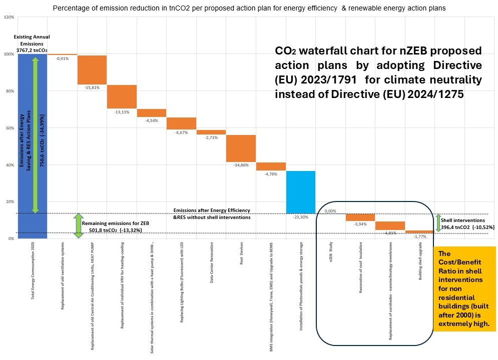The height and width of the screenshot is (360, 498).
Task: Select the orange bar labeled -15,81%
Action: click(92, 69)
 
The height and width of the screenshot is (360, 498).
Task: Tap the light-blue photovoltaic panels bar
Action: click(300, 192)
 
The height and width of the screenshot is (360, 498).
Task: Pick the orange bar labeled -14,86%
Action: click(241, 148)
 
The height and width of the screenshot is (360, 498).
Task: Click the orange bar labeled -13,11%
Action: click(122, 96)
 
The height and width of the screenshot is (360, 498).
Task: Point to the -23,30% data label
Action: click(300, 217)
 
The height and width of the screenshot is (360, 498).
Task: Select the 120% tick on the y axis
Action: click(9, 17)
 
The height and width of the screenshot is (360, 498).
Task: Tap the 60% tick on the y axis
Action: click(10, 128)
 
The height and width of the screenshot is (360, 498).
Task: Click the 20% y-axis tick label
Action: click(10, 201)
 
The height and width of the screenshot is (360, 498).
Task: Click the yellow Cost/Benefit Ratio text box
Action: click(464, 288)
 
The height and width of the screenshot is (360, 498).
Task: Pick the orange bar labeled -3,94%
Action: click(360, 217)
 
